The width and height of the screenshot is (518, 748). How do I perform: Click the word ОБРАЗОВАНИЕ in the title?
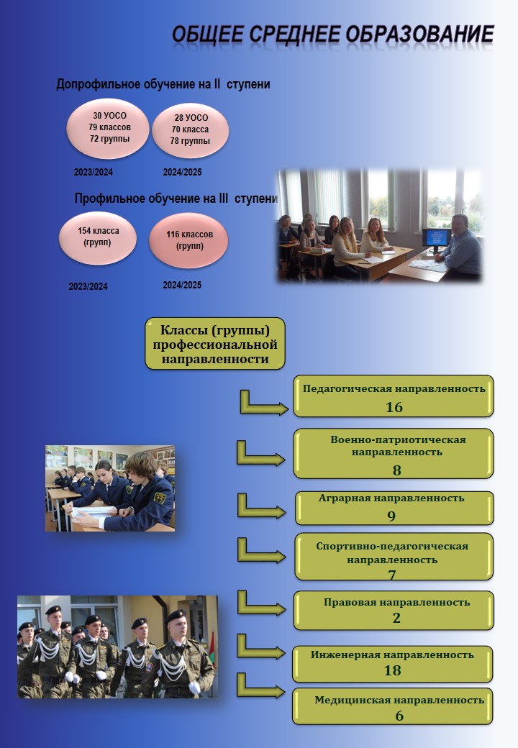pos(419,35)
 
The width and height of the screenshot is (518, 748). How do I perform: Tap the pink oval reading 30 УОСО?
pos(108,128)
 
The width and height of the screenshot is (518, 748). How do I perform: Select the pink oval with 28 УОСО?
pos(191,130)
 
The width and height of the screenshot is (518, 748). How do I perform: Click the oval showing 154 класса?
pos(98,237)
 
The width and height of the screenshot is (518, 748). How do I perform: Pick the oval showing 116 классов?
pos(189,240)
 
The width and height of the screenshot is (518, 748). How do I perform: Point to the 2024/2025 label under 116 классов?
pos(182,285)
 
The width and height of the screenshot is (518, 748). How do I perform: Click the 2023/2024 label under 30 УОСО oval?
pos(94,172)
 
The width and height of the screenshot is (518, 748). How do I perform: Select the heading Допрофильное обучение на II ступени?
pos(163,84)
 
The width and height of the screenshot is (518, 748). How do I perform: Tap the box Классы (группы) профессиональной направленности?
pos(215,344)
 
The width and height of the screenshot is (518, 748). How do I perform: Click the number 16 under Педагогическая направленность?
pos(394,407)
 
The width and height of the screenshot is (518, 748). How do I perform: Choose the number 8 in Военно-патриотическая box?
pos(397,470)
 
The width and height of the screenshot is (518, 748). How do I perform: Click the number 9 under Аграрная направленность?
pos(391,516)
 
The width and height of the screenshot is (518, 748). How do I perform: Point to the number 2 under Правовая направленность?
pos(396,618)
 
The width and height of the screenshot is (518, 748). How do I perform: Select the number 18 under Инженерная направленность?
pos(393,670)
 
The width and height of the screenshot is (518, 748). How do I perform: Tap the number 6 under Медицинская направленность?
pos(399,716)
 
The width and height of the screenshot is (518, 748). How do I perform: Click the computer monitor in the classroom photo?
pos(437,239)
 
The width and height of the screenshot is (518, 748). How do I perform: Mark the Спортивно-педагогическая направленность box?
pos(394,557)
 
